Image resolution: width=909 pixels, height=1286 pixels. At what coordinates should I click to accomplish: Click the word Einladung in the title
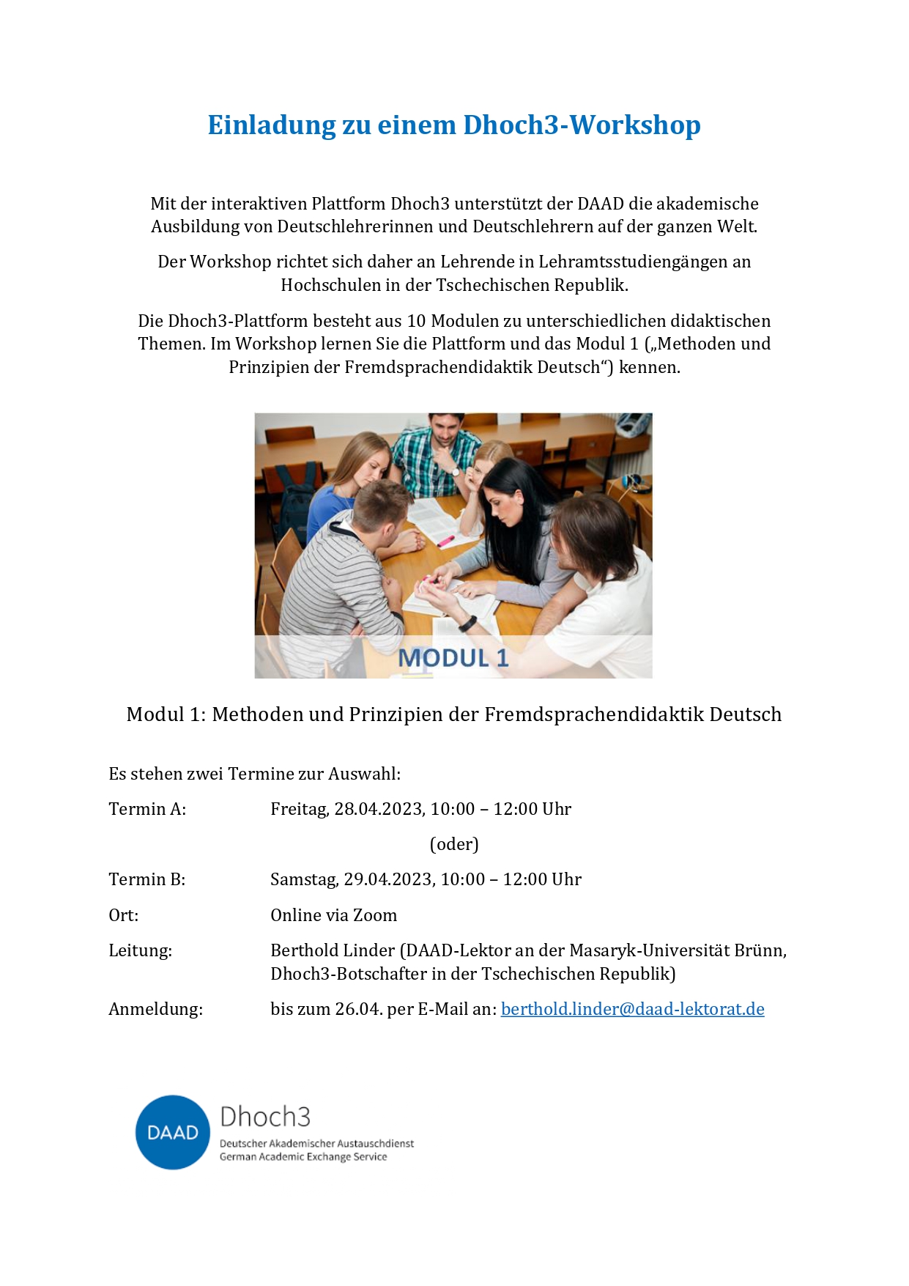click(x=271, y=125)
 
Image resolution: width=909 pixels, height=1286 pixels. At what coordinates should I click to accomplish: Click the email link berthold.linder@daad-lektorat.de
click(x=632, y=1009)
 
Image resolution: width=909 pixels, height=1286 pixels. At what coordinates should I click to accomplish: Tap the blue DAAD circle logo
click(x=173, y=1132)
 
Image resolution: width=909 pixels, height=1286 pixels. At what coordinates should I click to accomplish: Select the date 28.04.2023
click(x=379, y=809)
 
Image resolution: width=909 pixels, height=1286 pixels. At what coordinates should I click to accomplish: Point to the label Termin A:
click(x=147, y=809)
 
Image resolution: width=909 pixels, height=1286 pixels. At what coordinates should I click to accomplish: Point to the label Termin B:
click(x=146, y=879)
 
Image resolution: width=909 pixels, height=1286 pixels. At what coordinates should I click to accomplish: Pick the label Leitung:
click(x=140, y=950)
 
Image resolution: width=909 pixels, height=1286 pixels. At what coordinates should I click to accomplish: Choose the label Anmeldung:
click(x=155, y=1009)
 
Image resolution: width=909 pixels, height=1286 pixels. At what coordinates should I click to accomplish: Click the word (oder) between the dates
click(x=454, y=844)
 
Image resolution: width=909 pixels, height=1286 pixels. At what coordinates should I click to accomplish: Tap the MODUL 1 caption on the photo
click(x=453, y=658)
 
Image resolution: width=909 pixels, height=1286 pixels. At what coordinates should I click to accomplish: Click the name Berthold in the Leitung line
click(x=302, y=950)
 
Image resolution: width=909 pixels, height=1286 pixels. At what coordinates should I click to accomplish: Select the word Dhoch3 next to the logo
click(x=265, y=1117)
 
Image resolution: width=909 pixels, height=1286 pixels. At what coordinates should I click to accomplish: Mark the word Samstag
click(x=303, y=879)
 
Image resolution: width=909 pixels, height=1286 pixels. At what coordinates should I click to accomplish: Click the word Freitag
click(x=299, y=809)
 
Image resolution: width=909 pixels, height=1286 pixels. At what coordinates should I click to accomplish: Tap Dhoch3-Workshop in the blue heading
click(x=582, y=125)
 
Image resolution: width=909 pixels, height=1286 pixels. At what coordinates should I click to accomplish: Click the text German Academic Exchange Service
click(x=303, y=1157)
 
